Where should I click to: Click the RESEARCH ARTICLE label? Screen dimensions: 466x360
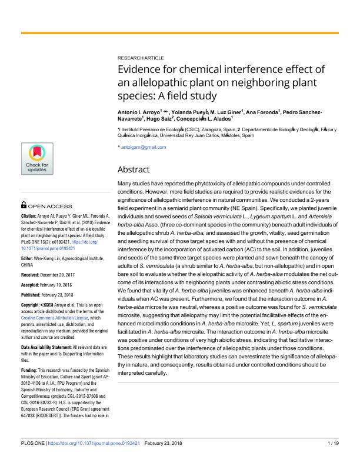141,58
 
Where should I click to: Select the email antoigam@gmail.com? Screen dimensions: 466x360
143,147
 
